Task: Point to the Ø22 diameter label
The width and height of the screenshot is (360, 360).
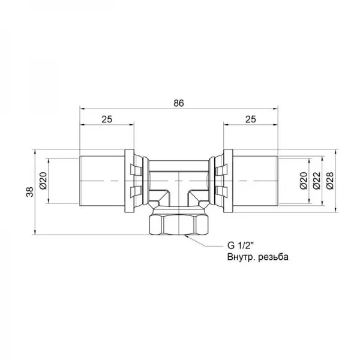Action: click(x=316, y=181)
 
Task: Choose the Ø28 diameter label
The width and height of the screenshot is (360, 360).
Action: click(x=329, y=181)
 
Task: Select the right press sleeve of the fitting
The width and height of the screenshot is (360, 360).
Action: click(x=254, y=180)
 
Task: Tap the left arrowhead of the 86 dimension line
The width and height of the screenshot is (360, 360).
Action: click(x=83, y=110)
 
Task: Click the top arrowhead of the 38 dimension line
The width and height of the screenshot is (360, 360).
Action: click(x=37, y=151)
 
